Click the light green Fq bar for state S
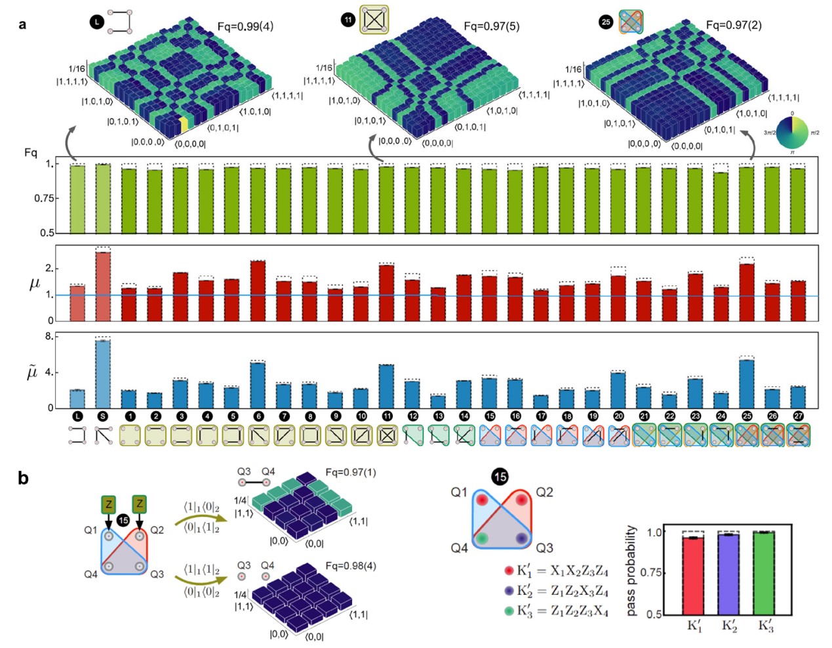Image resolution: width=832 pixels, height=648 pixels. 103,198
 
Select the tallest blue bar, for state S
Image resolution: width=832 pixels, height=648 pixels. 103,374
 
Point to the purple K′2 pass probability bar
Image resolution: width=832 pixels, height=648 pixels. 729,574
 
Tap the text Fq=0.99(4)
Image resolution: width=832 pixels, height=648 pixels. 245,27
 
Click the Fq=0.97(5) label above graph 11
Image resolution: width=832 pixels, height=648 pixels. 491,26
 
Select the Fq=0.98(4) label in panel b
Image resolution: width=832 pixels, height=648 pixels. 351,566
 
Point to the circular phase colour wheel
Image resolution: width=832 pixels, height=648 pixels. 791,132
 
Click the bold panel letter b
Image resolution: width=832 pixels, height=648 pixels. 24,478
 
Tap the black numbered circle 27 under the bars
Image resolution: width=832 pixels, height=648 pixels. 798,416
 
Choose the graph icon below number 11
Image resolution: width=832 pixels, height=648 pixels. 387,435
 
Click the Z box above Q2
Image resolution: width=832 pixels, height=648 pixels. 139,504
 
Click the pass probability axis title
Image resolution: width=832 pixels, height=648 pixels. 631,571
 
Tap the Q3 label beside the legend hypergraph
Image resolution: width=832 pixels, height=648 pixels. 544,548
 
